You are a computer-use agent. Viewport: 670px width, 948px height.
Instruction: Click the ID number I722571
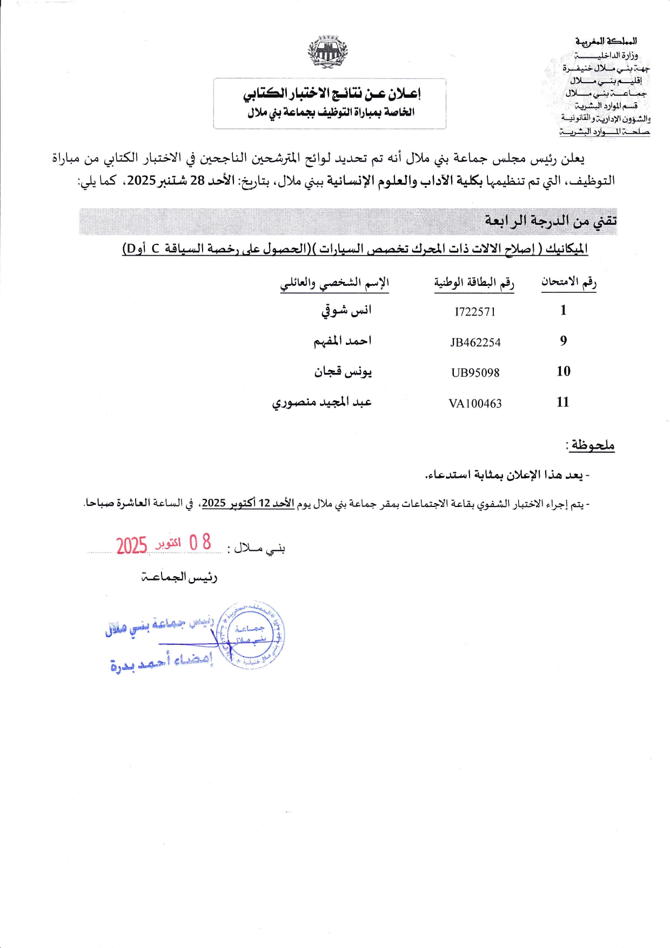pyautogui.click(x=475, y=312)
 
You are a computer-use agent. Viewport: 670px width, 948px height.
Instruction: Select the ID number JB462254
pyautogui.click(x=475, y=343)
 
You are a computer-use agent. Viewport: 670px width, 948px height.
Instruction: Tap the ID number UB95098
pyautogui.click(x=475, y=373)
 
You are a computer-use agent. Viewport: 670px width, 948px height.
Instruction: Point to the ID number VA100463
pyautogui.click(x=475, y=404)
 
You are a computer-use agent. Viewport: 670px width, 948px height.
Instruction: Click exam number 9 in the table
pyautogui.click(x=564, y=341)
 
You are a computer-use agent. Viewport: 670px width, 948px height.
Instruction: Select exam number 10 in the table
pyautogui.click(x=564, y=371)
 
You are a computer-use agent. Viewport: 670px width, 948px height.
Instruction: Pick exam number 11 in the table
pyautogui.click(x=563, y=402)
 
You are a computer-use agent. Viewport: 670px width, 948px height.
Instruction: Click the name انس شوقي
pyautogui.click(x=346, y=311)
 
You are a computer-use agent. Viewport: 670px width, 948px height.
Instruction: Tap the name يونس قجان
pyautogui.click(x=343, y=372)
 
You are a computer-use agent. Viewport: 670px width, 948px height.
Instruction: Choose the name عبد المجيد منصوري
pyautogui.click(x=321, y=403)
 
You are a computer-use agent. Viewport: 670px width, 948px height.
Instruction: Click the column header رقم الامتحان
pyautogui.click(x=569, y=282)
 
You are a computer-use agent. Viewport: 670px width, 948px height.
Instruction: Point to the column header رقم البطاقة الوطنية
pyautogui.click(x=474, y=283)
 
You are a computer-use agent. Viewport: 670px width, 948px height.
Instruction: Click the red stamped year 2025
pyautogui.click(x=132, y=546)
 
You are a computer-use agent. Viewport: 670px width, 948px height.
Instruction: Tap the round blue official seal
pyautogui.click(x=250, y=636)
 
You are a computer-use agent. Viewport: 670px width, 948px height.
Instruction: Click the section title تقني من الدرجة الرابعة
pyautogui.click(x=550, y=221)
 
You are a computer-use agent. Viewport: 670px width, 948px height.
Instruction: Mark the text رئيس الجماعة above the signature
pyautogui.click(x=179, y=577)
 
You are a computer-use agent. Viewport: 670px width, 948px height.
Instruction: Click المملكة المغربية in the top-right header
pyautogui.click(x=606, y=41)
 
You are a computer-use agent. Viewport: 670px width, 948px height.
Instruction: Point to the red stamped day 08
pyautogui.click(x=200, y=542)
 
